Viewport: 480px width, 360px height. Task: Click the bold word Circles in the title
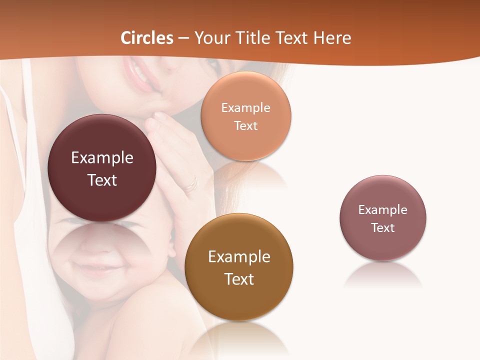pos(146,38)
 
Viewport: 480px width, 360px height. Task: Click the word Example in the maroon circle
pos(102,158)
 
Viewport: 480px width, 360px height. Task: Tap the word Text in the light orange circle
pos(245,125)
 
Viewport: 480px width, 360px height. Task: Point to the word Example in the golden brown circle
pos(239,257)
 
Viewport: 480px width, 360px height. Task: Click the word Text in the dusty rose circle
pos(383,228)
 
